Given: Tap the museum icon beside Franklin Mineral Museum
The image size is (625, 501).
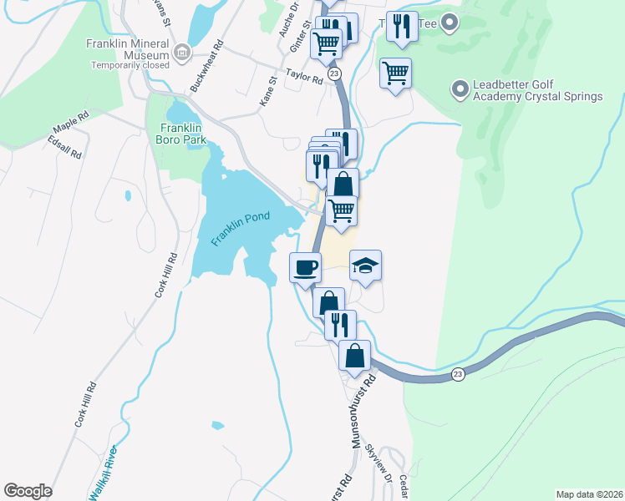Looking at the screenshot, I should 181,54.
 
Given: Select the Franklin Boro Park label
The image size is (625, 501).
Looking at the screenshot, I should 180,134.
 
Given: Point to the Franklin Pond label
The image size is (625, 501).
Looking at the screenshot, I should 241,228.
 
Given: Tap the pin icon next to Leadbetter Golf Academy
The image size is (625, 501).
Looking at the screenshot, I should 459,87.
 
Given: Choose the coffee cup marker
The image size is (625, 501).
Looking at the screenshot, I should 304,267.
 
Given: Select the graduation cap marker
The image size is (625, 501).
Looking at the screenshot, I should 365,266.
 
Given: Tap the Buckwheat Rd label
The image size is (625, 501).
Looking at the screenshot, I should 208,67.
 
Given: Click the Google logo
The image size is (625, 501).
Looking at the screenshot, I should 28,491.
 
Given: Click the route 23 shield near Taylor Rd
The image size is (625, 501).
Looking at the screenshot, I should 334,74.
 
